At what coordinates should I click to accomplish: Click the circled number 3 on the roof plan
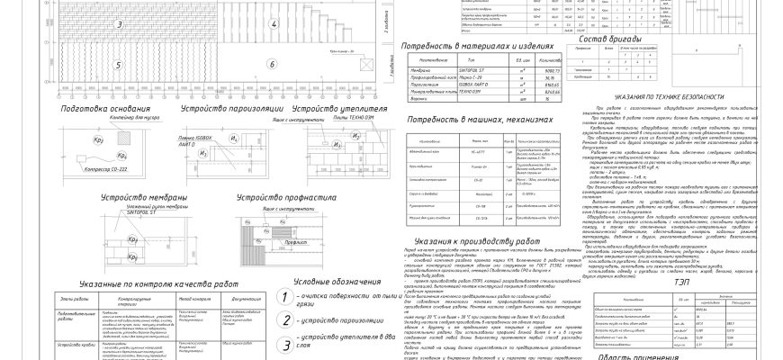tap(119, 23)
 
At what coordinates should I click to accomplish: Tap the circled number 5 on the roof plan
tap(119, 65)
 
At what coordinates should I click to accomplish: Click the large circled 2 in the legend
tap(284, 321)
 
